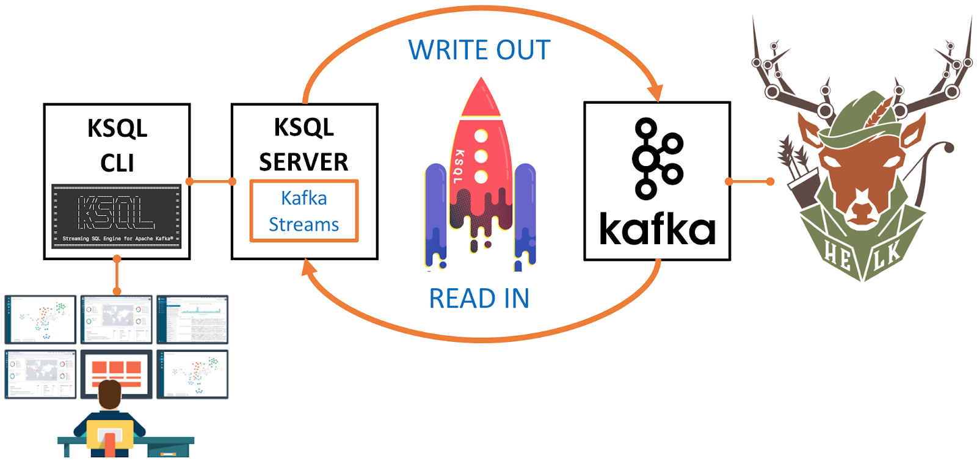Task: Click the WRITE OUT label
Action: click(x=479, y=50)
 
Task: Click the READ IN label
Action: click(x=479, y=299)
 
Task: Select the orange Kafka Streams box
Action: click(x=303, y=211)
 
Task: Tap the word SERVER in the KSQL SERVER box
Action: click(x=303, y=162)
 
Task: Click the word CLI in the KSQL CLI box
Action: click(x=117, y=164)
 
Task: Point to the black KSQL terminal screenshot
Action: click(x=116, y=216)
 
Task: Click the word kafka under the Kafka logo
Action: click(x=657, y=230)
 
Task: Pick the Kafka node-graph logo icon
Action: click(x=657, y=159)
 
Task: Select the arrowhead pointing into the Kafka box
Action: click(x=655, y=92)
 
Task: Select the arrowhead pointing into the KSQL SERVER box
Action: click(x=309, y=267)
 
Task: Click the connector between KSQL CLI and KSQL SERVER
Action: click(x=211, y=181)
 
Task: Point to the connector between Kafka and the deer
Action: click(x=750, y=181)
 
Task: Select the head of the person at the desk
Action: click(x=110, y=394)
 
